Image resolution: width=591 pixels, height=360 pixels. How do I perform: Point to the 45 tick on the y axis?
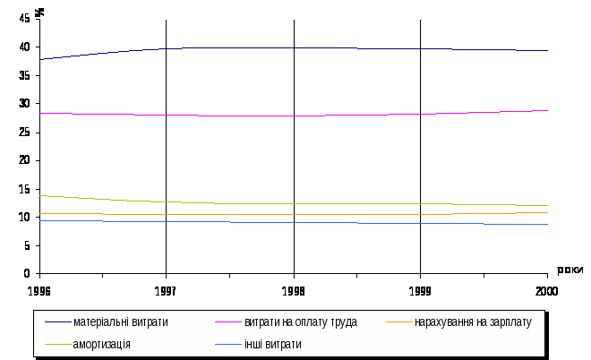click(x=26, y=19)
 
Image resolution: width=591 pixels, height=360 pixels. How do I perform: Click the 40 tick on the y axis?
click(x=26, y=47)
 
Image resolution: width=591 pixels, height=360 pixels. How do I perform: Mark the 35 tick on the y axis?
click(x=26, y=75)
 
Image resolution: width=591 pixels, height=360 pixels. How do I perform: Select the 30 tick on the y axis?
click(x=26, y=104)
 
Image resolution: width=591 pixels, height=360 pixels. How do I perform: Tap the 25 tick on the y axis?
click(x=26, y=132)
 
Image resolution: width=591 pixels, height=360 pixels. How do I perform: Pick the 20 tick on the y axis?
click(x=26, y=160)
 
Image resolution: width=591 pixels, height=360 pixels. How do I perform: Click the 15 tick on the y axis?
click(x=26, y=189)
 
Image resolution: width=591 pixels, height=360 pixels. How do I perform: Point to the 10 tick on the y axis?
click(x=26, y=217)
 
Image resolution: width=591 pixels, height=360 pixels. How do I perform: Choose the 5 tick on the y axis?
click(x=29, y=245)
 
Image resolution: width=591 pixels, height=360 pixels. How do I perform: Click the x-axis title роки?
click(x=570, y=270)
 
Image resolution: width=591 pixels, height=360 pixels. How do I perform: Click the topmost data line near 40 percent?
click(x=294, y=47)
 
